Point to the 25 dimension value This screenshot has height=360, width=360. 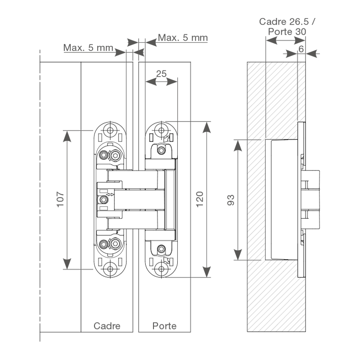[161, 73]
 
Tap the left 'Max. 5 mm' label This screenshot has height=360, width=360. [88, 47]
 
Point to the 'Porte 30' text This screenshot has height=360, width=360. [287, 31]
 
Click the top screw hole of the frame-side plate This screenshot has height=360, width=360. [109, 130]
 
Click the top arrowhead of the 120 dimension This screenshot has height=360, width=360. [206, 126]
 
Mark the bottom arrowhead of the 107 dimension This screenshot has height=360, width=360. [67, 264]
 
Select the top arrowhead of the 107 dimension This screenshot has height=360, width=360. [67, 136]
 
